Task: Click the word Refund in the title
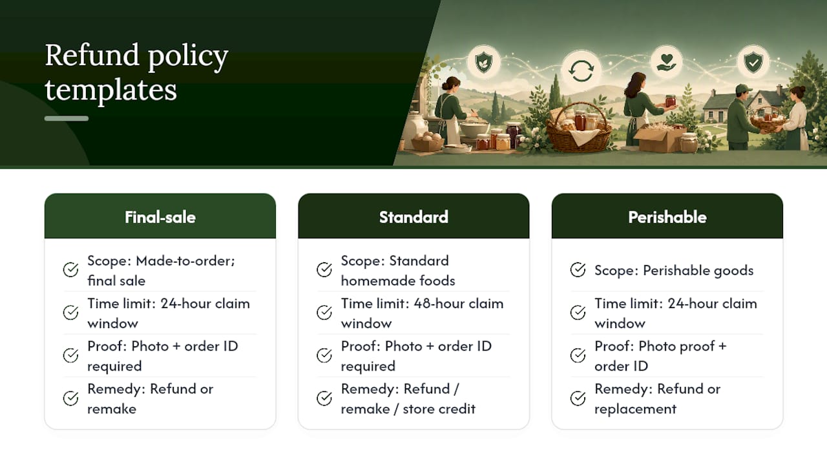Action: click(x=92, y=55)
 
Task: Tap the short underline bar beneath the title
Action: click(x=67, y=118)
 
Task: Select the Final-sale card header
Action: click(x=160, y=216)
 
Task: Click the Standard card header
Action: click(x=413, y=216)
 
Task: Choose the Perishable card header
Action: click(x=667, y=216)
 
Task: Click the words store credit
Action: click(x=439, y=409)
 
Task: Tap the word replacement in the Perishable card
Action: click(x=635, y=409)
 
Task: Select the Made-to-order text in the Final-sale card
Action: click(x=185, y=261)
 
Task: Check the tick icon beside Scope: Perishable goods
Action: click(x=578, y=270)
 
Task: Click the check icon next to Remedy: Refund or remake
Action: click(x=70, y=398)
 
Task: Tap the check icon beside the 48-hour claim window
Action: click(x=324, y=313)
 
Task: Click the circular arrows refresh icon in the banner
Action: click(x=581, y=70)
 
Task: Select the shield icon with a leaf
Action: click(x=484, y=62)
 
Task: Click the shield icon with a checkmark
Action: click(x=753, y=62)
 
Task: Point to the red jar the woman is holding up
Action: click(x=671, y=101)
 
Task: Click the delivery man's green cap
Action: click(x=743, y=88)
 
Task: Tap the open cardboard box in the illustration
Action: click(x=662, y=137)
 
